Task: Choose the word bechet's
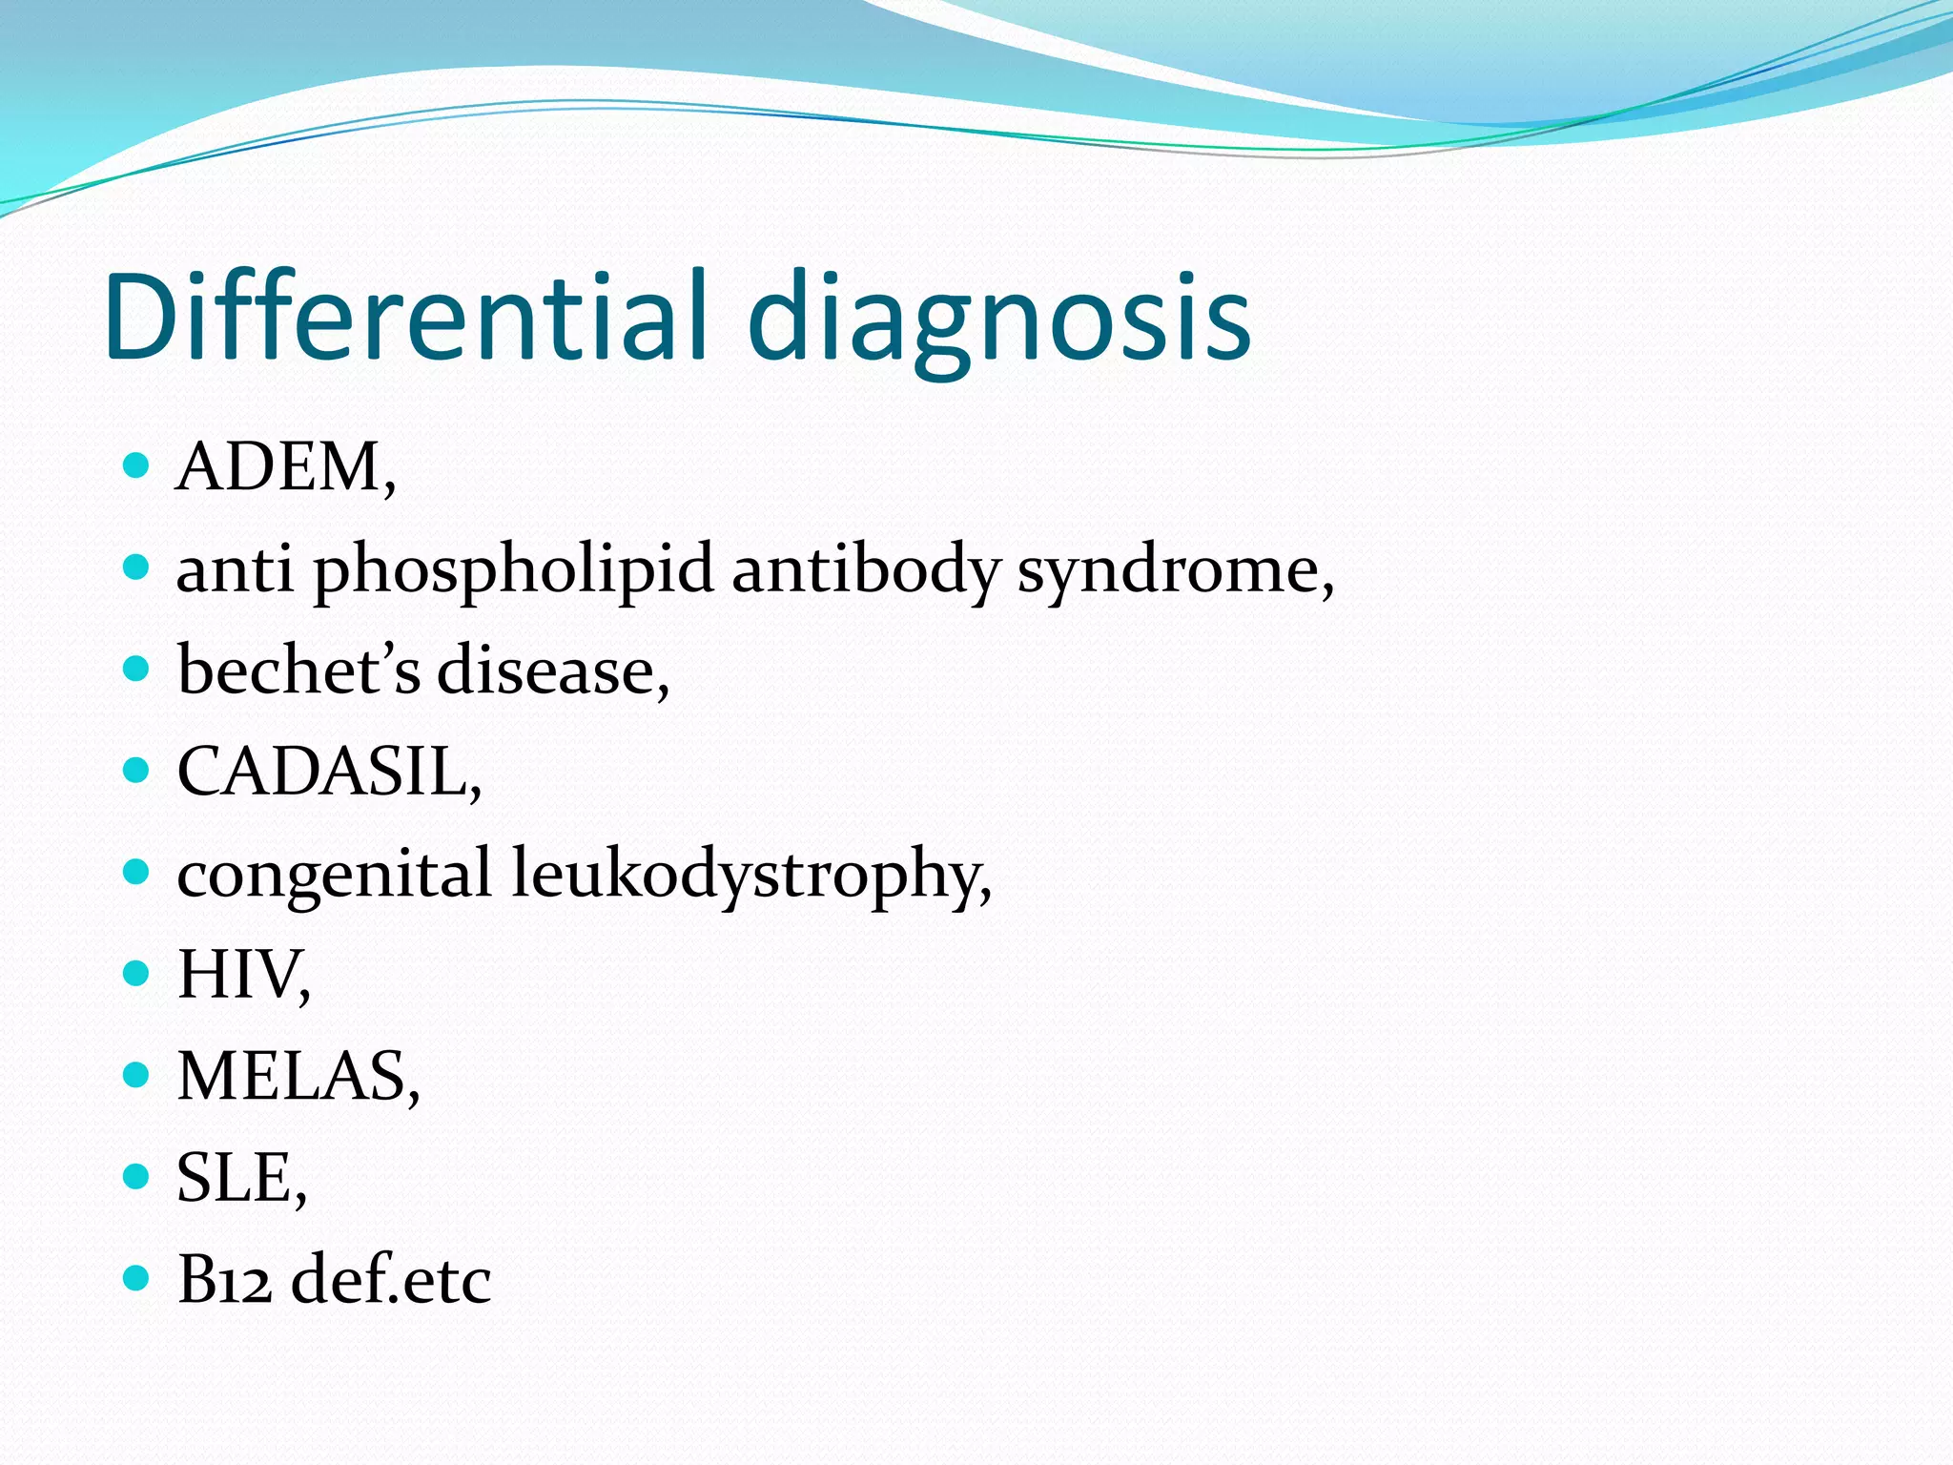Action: tap(298, 670)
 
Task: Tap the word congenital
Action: tap(335, 875)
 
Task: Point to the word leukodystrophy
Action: tap(750, 875)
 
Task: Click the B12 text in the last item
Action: tap(224, 1279)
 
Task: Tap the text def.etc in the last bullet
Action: tap(391, 1279)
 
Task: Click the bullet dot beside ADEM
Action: tap(137, 465)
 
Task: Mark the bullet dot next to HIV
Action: tap(137, 973)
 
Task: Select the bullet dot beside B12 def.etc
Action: tap(137, 1277)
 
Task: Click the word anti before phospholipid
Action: tap(235, 570)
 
